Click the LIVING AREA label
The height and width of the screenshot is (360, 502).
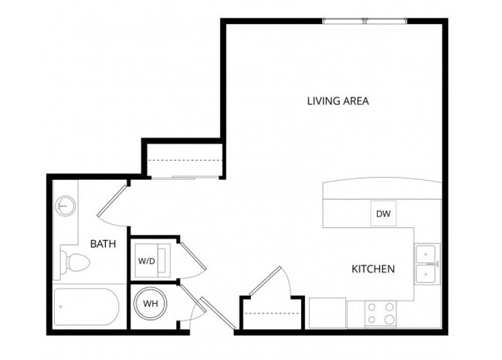click(337, 100)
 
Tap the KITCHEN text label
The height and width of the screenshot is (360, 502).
click(373, 269)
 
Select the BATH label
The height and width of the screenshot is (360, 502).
click(103, 244)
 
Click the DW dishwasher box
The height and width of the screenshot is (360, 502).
click(383, 213)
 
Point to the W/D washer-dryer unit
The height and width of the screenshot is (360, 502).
click(148, 260)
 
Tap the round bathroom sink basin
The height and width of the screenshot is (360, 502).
click(66, 206)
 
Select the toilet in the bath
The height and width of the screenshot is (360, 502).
click(74, 263)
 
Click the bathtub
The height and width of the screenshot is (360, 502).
click(86, 308)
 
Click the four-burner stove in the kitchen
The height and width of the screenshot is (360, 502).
click(380, 313)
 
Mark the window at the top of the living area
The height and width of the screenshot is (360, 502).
click(364, 21)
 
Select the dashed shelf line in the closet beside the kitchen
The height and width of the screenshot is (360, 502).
click(271, 313)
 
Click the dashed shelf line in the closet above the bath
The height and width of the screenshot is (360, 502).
click(184, 161)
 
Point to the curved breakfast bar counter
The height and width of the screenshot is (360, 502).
click(382, 189)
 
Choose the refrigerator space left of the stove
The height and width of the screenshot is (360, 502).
click(327, 314)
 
